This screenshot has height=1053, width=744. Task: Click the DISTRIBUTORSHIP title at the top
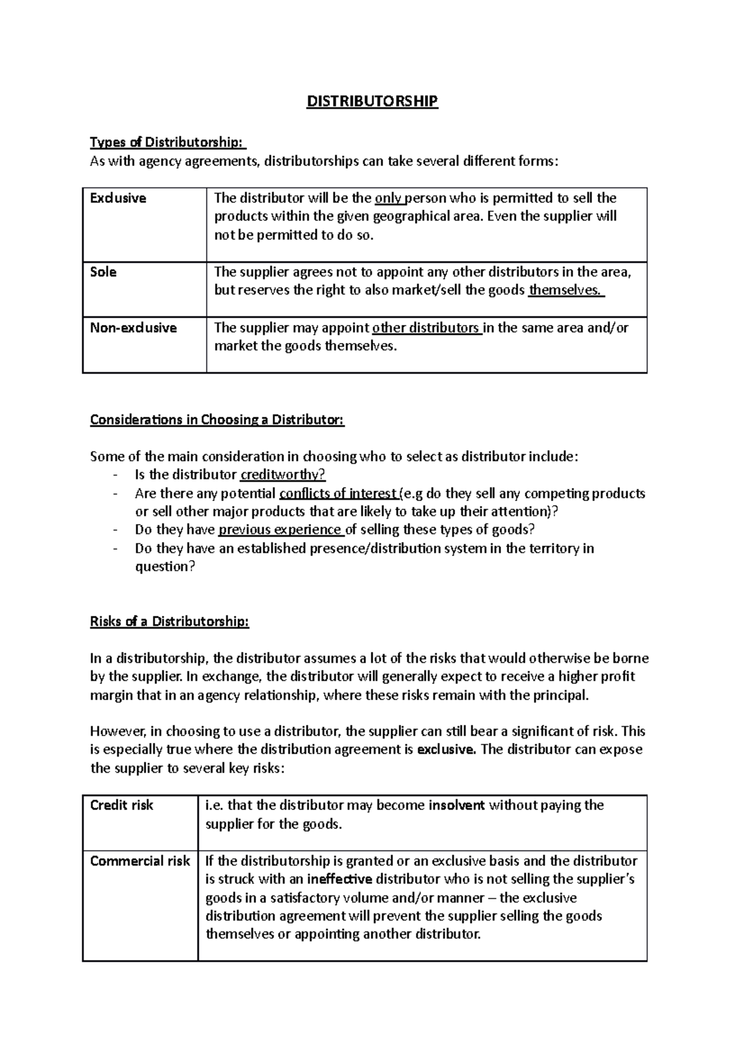pos(372,101)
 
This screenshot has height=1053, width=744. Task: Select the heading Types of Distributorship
pos(167,143)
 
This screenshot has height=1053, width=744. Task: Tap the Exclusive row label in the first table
pos(118,198)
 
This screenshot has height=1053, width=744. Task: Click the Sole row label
pos(103,272)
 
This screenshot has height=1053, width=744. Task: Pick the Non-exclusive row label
pos(133,328)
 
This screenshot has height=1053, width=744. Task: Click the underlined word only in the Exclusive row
pos(388,198)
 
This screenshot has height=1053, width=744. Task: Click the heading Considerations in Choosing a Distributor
pos(217,420)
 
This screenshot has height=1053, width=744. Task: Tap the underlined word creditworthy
pos(282,475)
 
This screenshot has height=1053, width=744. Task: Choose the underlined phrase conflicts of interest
pos(338,494)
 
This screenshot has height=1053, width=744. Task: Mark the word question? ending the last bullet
pos(165,567)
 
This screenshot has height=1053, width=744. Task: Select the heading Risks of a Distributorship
pos(169,621)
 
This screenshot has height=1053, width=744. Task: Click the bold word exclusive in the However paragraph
pos(446,750)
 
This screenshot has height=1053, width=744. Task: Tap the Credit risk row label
pos(122,806)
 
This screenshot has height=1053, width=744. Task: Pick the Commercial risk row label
pos(140,861)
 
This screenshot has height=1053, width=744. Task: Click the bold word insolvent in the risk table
pos(456,806)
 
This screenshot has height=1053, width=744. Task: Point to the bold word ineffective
pos(340,879)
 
